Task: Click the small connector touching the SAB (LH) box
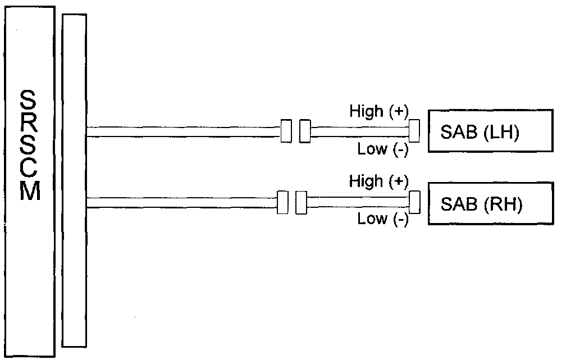click(414, 131)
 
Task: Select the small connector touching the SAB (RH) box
click(414, 202)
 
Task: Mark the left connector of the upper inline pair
click(286, 131)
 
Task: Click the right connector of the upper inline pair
click(305, 131)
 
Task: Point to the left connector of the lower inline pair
click(283, 202)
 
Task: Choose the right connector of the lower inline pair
click(302, 202)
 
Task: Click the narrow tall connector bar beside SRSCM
click(75, 180)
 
